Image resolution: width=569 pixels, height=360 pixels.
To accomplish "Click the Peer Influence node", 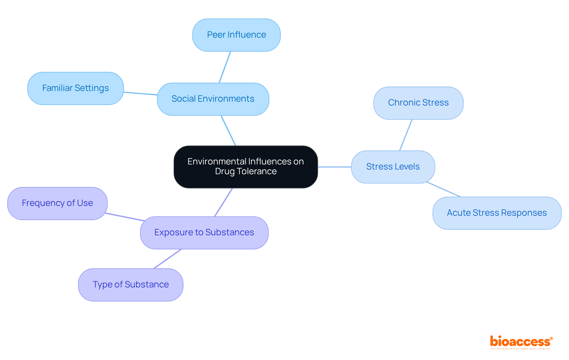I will [236, 35].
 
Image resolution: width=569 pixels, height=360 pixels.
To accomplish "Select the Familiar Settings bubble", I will [75, 88].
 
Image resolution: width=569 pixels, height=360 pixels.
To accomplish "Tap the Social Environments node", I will [213, 99].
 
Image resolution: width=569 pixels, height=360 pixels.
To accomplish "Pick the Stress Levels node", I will [393, 167].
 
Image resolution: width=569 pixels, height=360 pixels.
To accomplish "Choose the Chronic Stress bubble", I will [418, 103].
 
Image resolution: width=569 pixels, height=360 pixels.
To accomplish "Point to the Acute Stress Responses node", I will [497, 213].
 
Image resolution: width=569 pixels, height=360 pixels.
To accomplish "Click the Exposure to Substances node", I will [204, 233].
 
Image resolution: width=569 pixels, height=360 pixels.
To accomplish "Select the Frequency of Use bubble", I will [57, 203].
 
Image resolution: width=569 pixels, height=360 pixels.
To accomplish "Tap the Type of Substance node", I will [130, 285].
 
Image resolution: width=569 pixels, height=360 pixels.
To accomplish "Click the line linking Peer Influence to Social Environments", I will [225, 67].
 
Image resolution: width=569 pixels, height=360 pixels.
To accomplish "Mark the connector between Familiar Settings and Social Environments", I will [140, 94].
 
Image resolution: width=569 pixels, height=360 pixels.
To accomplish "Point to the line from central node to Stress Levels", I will [334, 167].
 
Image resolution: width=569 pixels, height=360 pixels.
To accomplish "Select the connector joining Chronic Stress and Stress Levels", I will [406, 135].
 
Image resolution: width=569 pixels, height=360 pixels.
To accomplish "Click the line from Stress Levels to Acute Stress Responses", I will [444, 190].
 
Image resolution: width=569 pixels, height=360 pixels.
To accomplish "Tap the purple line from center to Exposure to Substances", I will [223, 202].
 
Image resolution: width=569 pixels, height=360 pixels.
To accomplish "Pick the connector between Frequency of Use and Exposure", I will [124, 217].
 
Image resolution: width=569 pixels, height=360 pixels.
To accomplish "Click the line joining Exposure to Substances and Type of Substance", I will [167, 259].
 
